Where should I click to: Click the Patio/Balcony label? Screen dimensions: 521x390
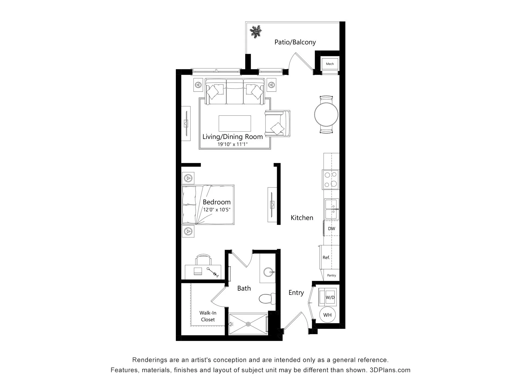pos(295,42)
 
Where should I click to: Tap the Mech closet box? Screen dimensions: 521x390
pos(330,64)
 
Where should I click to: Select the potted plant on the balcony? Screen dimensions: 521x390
pos(256,32)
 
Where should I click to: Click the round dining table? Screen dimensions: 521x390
pos(326,114)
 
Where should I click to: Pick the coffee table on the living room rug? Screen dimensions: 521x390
pos(235,123)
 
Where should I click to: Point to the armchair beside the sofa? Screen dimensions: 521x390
pos(277,123)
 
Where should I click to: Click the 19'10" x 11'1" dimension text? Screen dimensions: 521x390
pos(233,144)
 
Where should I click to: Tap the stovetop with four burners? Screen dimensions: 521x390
pos(331,180)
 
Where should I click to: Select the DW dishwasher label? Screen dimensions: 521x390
pos(332,229)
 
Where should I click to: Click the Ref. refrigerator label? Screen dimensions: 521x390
pos(326,258)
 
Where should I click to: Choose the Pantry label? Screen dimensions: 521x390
pos(332,275)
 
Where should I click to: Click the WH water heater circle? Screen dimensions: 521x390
pos(328,315)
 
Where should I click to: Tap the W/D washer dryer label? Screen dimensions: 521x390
pos(330,297)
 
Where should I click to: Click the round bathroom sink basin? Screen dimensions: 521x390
pos(268,272)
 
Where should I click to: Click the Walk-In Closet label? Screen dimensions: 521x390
pos(208,316)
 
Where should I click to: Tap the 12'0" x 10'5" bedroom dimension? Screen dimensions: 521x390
pos(217,210)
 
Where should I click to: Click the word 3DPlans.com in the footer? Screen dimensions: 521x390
pos(390,370)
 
